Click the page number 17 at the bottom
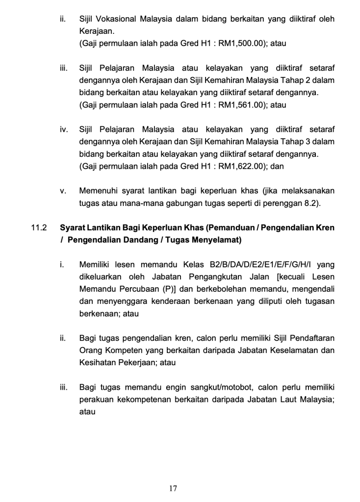coord(173,488)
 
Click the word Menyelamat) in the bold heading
coord(219,240)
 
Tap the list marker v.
coord(62,191)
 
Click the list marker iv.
coord(63,129)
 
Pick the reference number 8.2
coord(311,203)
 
